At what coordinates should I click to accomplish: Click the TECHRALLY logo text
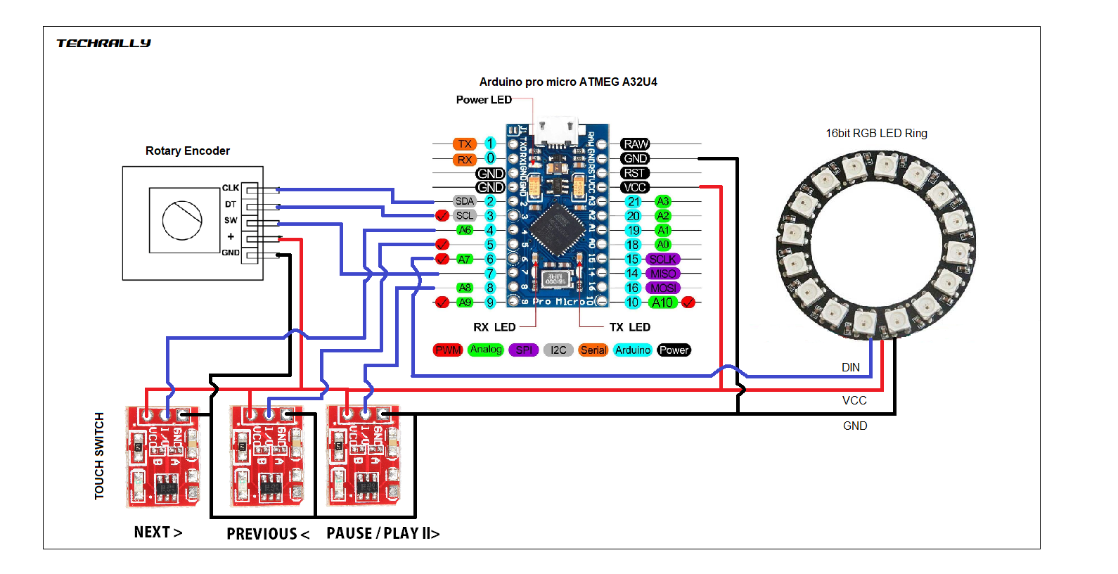pos(103,43)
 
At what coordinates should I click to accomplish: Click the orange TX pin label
pos(465,144)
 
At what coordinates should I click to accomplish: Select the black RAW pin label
pos(635,144)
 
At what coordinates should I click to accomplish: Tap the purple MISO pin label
pos(662,274)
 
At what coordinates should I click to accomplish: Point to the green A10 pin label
pos(662,302)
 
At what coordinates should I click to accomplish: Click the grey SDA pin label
pos(465,201)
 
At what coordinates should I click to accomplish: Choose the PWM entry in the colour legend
pos(448,350)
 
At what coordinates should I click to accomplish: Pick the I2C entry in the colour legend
pos(558,350)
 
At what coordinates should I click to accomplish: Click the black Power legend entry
pos(674,350)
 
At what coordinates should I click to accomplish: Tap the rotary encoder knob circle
pos(182,220)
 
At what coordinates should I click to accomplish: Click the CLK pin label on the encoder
pos(231,188)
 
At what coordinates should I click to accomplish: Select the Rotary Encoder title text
pos(188,151)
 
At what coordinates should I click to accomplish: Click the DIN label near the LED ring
pos(851,367)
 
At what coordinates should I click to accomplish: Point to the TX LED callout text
pos(629,327)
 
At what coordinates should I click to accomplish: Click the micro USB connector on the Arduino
pos(557,132)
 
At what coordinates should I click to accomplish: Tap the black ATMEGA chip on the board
pos(557,229)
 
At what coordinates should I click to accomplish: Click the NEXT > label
pos(158,532)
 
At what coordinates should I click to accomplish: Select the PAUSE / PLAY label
pos(383,533)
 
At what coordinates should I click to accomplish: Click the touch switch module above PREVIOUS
pos(268,456)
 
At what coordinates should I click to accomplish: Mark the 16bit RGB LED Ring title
pos(876,133)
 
